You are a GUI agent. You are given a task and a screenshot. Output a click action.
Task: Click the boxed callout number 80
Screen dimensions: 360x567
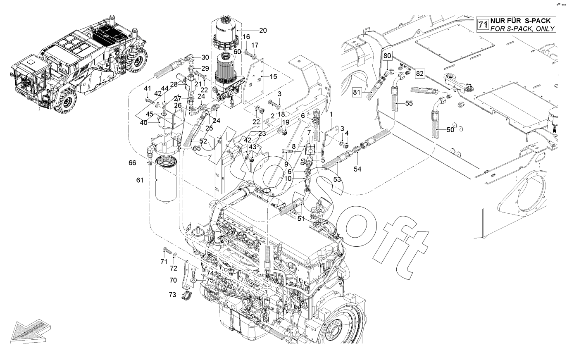[x=387, y=55]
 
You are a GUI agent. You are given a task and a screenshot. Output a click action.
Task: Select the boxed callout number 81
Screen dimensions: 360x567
[x=356, y=92]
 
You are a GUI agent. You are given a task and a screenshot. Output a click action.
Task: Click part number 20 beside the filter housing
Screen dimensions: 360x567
[x=263, y=30]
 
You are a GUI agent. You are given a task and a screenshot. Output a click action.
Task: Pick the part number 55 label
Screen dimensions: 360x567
[x=409, y=103]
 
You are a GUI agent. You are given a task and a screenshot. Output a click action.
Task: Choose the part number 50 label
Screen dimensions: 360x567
[x=450, y=130]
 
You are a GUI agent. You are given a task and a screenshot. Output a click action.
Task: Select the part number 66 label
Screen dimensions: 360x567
[x=144, y=163]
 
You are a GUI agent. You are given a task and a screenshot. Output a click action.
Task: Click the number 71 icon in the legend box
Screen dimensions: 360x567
[x=483, y=25]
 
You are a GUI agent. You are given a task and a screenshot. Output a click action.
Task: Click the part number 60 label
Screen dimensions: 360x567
[x=237, y=52]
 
